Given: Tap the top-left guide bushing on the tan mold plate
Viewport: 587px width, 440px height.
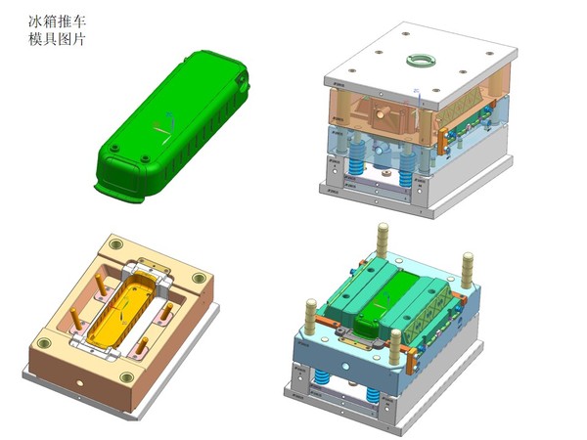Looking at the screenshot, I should [x=114, y=242].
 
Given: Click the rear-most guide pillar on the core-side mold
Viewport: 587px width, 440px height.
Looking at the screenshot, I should [x=382, y=238].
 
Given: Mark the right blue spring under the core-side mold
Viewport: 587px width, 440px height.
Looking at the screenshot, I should [x=373, y=394].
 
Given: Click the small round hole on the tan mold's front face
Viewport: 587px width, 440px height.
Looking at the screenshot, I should [x=83, y=372].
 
